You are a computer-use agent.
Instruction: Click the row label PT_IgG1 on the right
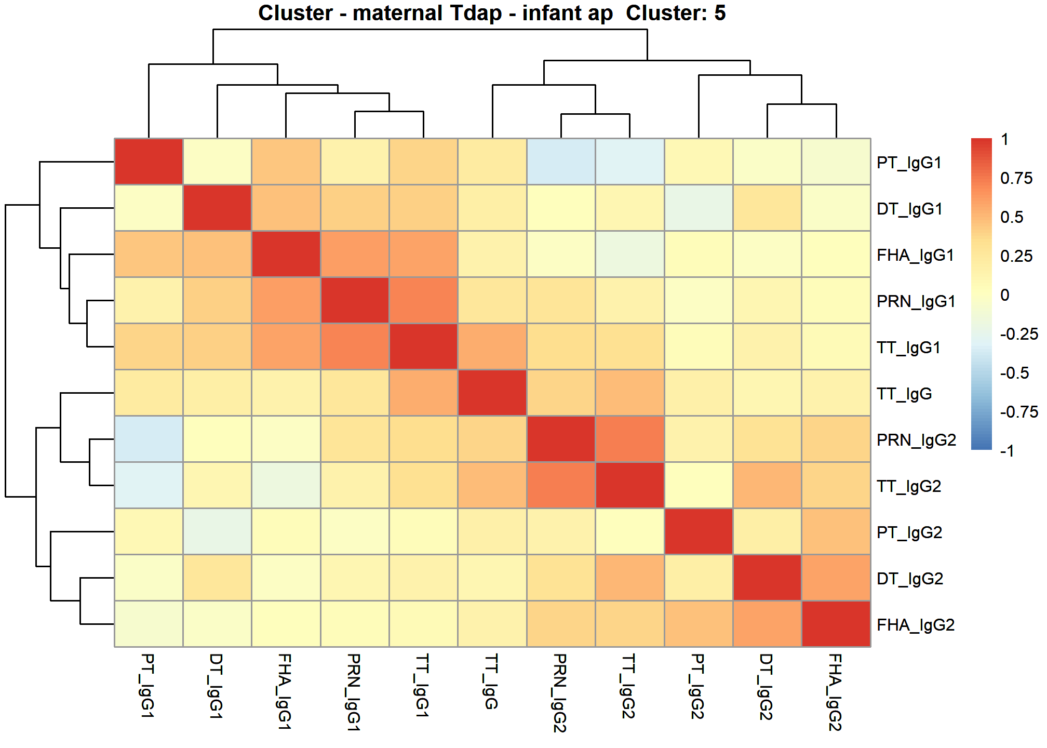click(x=909, y=163)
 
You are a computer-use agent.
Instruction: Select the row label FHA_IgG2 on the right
click(x=916, y=625)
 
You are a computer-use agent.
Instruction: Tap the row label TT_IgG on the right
click(x=904, y=394)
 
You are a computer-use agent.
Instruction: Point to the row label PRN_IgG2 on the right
click(x=916, y=440)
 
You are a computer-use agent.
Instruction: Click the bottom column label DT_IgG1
click(x=216, y=686)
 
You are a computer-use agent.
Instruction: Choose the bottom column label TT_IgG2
click(x=629, y=686)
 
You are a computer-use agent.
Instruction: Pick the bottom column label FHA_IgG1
click(x=285, y=691)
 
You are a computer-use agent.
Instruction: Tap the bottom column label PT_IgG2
click(x=697, y=686)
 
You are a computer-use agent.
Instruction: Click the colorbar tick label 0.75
click(x=1016, y=178)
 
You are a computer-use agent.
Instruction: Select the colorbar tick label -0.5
click(x=1015, y=373)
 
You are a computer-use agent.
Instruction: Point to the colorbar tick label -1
click(x=1008, y=450)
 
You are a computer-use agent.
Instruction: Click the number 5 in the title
click(x=720, y=13)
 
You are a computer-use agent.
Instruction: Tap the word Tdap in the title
click(x=476, y=13)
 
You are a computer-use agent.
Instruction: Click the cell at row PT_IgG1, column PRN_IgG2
click(x=561, y=162)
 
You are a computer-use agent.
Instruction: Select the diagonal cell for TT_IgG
click(x=492, y=393)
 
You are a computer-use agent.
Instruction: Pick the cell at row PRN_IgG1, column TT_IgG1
click(x=423, y=300)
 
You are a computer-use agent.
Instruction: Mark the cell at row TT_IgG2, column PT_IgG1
click(x=149, y=485)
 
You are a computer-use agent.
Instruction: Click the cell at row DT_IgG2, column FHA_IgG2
click(x=836, y=578)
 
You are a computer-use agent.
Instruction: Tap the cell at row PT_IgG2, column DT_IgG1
click(x=217, y=531)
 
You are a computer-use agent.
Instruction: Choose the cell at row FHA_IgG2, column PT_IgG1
click(x=149, y=624)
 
